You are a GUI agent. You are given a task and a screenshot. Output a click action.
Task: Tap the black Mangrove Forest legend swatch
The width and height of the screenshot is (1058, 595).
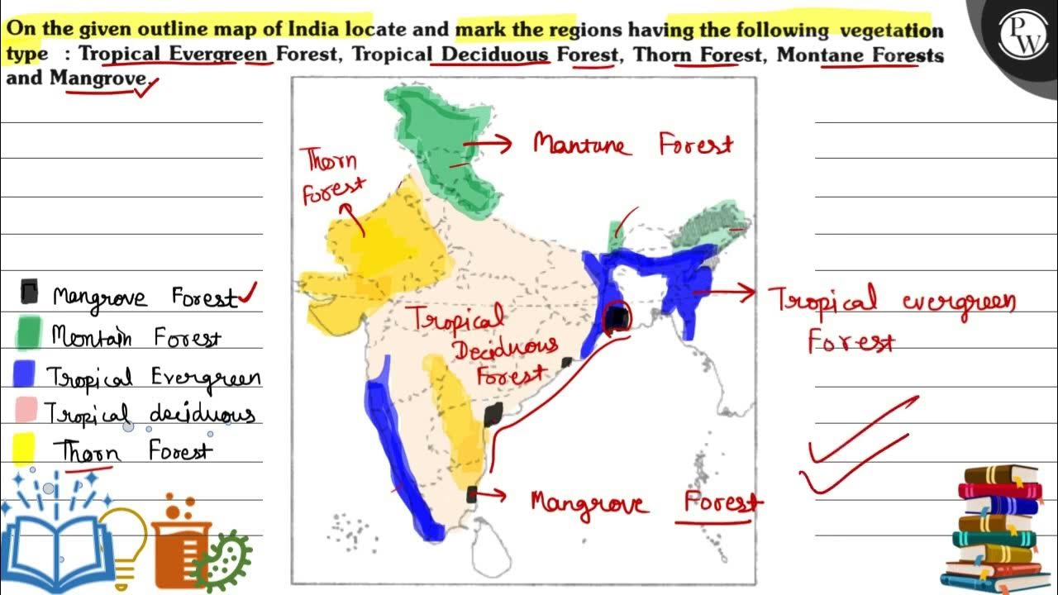click(29, 291)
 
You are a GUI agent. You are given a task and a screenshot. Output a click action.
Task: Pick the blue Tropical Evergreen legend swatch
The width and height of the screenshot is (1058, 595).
click(25, 374)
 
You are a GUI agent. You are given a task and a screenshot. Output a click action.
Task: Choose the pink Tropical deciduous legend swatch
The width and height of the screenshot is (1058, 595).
click(26, 410)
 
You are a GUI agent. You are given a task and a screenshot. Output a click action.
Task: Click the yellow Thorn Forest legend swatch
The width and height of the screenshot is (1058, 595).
click(24, 449)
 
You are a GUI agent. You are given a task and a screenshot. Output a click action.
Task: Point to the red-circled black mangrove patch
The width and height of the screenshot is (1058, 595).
click(616, 317)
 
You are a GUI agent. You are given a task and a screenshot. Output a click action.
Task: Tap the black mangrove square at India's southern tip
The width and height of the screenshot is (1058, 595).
click(472, 494)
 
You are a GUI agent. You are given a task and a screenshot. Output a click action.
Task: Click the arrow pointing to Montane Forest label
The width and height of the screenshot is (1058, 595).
click(488, 144)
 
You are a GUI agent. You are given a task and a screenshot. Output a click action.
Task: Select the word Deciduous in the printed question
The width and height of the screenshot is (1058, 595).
click(495, 55)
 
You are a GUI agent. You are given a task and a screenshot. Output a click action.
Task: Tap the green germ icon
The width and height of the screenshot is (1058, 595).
click(226, 561)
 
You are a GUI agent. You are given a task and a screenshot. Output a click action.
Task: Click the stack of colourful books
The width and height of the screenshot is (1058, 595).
click(996, 529)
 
